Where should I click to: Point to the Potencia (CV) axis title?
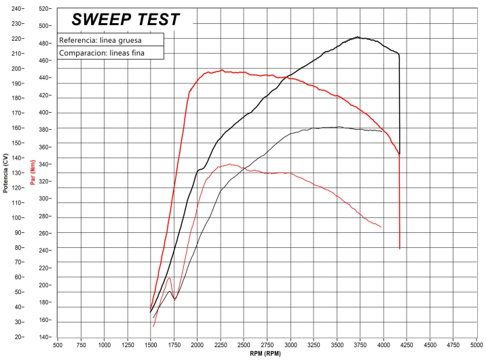click(5, 173)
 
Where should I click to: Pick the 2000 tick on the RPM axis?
click(198, 344)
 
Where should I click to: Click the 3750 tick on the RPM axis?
click(360, 344)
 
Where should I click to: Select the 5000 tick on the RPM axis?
click(476, 344)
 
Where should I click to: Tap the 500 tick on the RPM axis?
click(58, 344)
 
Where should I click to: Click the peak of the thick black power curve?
click(358, 37)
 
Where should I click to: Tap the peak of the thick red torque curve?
click(221, 70)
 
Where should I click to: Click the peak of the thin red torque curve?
click(230, 164)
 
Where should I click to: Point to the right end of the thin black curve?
click(382, 131)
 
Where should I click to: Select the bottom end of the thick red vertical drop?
click(400, 249)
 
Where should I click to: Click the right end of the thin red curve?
click(381, 227)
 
